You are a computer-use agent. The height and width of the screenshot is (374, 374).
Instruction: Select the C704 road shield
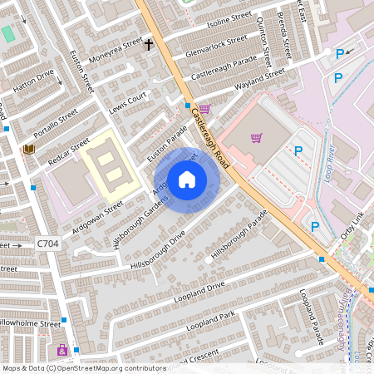pos(47,244)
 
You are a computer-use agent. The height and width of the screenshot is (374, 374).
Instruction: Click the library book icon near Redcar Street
pos(28,149)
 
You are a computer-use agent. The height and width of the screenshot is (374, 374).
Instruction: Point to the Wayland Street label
pos(260,78)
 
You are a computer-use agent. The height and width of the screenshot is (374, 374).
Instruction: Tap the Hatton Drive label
pos(33,78)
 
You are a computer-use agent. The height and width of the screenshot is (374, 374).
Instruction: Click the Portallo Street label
pos(55,124)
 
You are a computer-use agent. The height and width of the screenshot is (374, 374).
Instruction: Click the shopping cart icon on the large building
pos(257,137)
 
